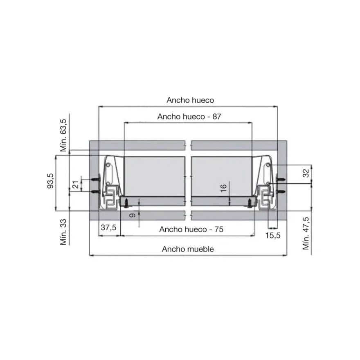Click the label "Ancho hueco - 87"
coord(189,117)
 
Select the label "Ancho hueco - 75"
coord(191,229)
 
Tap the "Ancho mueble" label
coord(188,249)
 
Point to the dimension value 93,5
coord(50,181)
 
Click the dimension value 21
coord(76,184)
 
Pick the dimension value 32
coord(306,173)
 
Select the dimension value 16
coord(223,188)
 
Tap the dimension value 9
coord(133,215)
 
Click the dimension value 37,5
coord(108,227)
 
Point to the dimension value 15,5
coord(273,235)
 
